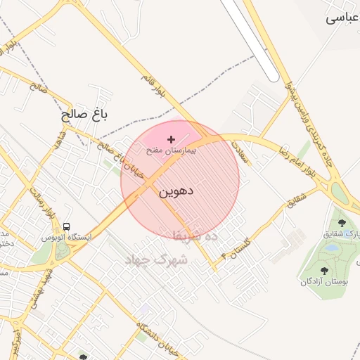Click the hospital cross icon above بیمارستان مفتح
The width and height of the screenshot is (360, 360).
point(171,139)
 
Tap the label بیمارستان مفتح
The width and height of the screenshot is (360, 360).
point(172,150)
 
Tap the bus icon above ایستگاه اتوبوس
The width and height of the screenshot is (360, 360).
point(66,226)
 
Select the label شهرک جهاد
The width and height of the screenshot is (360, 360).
point(155,259)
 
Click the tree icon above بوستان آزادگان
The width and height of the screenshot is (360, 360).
point(323,270)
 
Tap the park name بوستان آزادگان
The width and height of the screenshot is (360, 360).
point(324,281)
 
